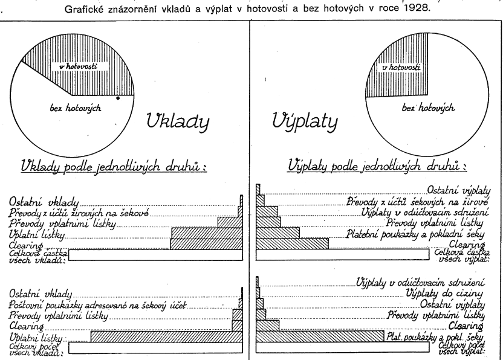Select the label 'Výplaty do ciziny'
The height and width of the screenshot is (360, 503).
click(447, 292)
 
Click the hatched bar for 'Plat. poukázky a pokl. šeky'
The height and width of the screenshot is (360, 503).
click(320, 336)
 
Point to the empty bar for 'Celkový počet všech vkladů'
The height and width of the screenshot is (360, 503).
click(155, 347)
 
